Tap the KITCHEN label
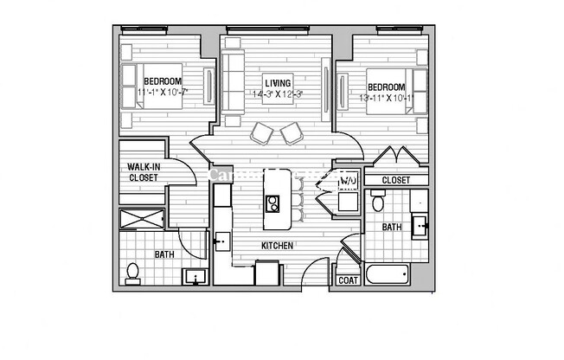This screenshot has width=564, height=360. [x=278, y=246]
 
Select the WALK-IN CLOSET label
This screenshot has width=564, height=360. [x=143, y=171]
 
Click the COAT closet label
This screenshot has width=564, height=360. [x=348, y=280]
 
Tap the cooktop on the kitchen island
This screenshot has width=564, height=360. [x=272, y=204]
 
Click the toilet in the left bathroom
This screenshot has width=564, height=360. [x=132, y=273]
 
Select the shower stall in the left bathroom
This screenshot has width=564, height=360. [x=143, y=218]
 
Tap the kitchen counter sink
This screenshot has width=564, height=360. [x=221, y=241]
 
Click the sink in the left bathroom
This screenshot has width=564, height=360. [x=194, y=278]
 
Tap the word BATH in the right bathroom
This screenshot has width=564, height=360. [x=392, y=227]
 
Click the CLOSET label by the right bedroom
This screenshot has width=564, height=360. [x=395, y=180]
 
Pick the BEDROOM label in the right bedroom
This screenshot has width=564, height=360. [x=386, y=87]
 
